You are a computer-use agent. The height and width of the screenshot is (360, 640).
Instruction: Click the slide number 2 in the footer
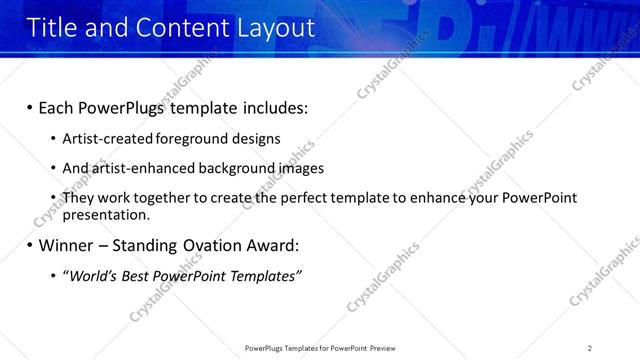click(x=590, y=347)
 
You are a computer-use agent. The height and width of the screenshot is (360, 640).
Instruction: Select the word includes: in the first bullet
click(x=270, y=107)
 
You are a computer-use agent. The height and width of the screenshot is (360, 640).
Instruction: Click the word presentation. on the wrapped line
click(x=106, y=214)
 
